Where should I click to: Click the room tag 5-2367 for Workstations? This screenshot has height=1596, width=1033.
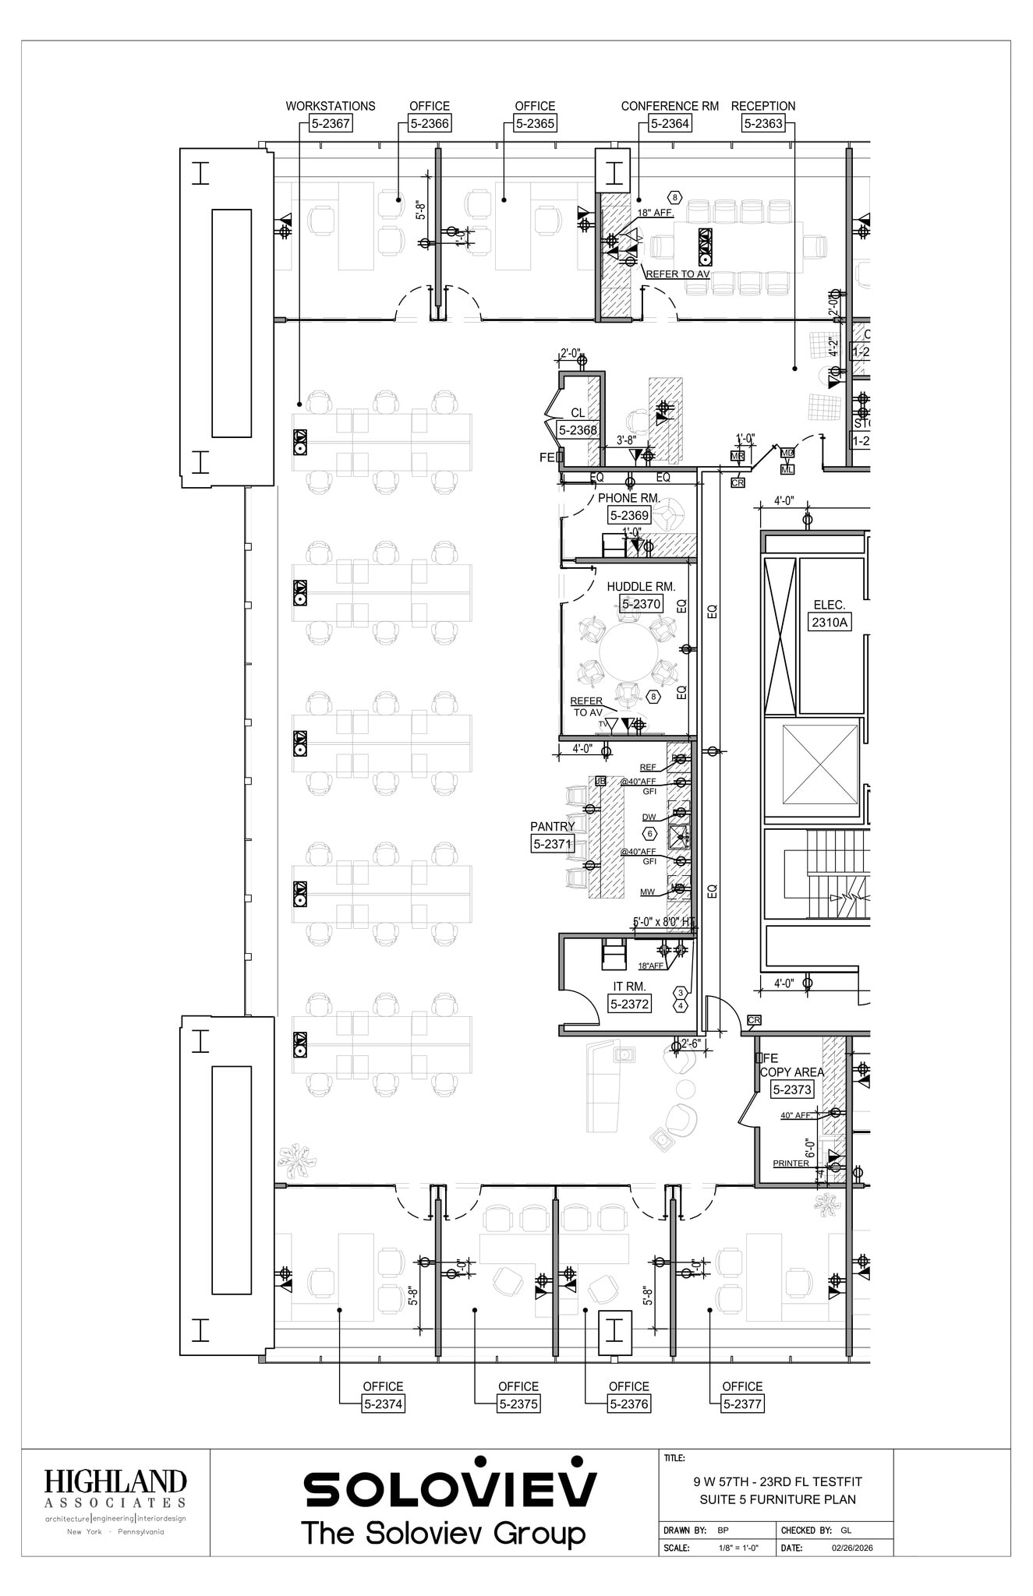click(331, 123)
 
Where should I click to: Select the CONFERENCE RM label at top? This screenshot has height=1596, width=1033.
click(670, 106)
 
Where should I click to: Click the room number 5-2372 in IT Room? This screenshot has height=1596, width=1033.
click(629, 1004)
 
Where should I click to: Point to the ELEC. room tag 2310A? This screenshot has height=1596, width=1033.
click(830, 622)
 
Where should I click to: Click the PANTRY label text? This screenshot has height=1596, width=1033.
click(552, 826)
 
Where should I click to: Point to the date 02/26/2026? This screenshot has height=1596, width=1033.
click(852, 1547)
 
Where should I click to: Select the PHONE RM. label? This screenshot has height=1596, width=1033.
click(629, 498)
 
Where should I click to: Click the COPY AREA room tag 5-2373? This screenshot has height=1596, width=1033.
click(792, 1090)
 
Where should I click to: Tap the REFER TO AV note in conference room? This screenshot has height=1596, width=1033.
click(677, 274)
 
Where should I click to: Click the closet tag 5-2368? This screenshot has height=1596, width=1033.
click(578, 429)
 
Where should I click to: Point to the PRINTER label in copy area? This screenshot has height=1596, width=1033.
click(791, 1163)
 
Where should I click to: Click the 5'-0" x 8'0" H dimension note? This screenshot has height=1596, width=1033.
click(661, 922)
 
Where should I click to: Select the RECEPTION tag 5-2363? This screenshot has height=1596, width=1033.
click(762, 123)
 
